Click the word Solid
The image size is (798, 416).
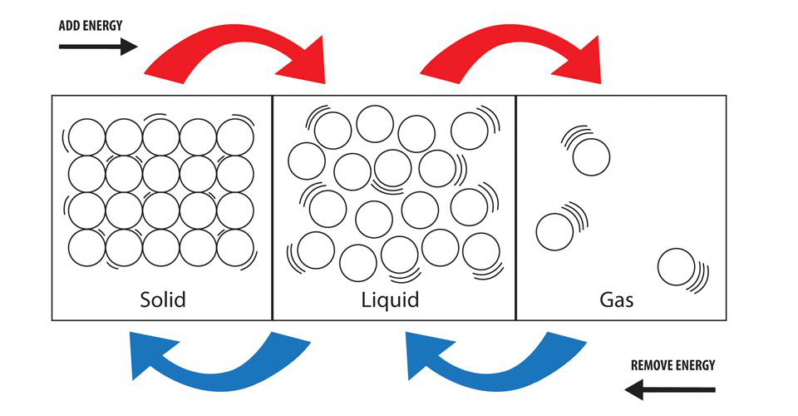point(162,299)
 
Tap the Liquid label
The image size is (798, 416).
point(389,299)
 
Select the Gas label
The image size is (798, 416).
point(616,299)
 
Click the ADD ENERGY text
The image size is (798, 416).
point(91,26)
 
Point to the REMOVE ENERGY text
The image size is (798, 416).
point(672,365)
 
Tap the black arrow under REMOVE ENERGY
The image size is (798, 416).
point(669,389)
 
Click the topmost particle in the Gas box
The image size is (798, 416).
point(592,156)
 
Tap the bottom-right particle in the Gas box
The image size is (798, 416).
point(676,267)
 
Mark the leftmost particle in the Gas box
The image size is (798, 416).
point(554,231)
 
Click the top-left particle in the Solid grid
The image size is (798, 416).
point(86,137)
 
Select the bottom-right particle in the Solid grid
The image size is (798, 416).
point(235,247)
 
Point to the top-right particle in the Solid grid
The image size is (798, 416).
point(235,137)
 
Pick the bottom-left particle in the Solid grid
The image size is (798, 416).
point(86,247)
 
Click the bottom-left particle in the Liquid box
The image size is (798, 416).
point(316,250)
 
